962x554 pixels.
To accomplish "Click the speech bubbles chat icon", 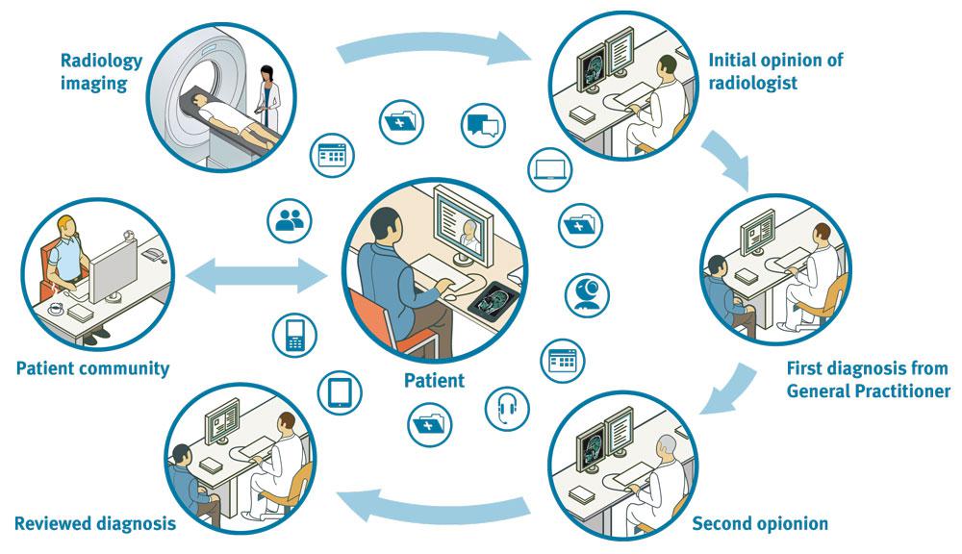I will (x=484, y=125).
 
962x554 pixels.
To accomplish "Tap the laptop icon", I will (x=550, y=171).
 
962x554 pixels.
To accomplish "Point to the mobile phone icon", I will (x=295, y=334).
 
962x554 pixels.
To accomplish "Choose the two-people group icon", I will (x=289, y=220).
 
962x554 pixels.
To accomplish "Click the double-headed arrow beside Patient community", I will (x=256, y=278).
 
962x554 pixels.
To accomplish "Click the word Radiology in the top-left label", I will (x=101, y=61).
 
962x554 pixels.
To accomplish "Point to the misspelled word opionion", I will (x=785, y=524).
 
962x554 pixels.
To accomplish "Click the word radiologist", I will (x=753, y=83).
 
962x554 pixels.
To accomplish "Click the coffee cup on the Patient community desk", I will (x=55, y=309).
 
